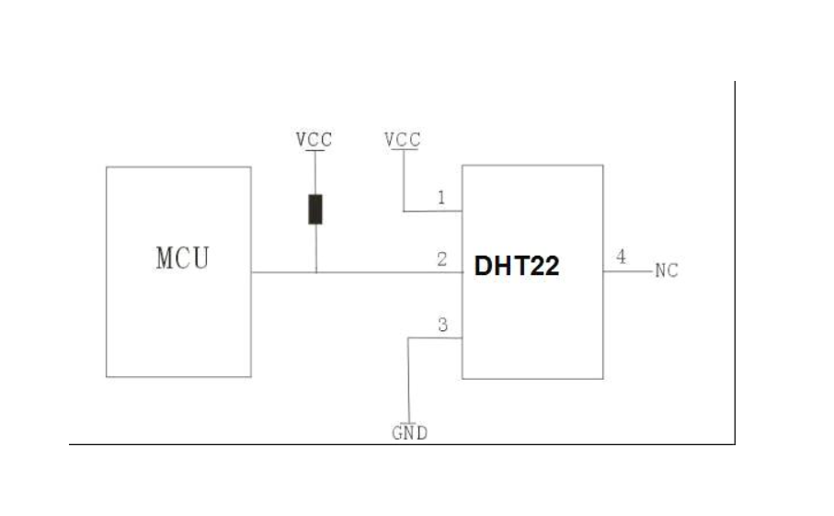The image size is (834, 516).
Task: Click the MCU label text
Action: coord(182,258)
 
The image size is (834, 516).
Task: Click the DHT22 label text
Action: coord(517,267)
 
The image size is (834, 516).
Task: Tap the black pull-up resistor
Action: coord(315,210)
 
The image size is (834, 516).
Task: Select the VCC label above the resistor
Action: coord(314,140)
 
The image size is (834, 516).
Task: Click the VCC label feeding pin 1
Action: coord(403,140)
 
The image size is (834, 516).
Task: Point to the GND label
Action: coord(410,433)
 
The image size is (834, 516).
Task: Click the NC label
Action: coord(667,271)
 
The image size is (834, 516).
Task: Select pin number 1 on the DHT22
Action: coord(441,198)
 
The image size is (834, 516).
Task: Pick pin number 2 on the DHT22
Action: coord(442,259)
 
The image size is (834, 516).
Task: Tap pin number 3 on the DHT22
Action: coord(442,325)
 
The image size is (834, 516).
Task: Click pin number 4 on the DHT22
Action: coord(622,258)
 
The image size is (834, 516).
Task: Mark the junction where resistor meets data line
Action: coord(315,272)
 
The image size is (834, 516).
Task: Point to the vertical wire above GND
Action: coord(408,382)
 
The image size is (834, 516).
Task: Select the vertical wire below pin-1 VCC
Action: coord(403,184)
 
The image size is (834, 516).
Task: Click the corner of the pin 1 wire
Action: coord(403,212)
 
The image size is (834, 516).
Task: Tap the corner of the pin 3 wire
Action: coord(408,338)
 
